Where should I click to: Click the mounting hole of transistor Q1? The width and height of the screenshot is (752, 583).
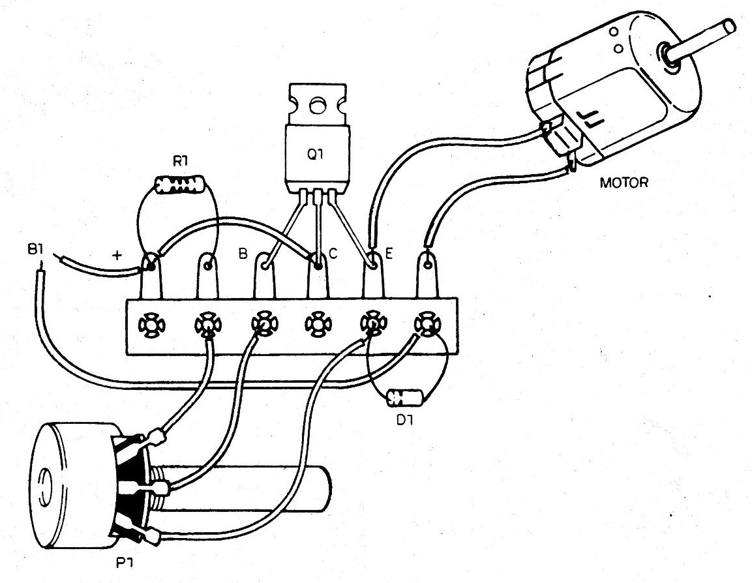tap(317, 104)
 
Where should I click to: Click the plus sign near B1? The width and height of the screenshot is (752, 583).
tap(118, 256)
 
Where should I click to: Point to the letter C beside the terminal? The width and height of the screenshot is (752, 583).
tap(333, 254)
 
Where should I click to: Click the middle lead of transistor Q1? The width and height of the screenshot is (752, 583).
tap(317, 222)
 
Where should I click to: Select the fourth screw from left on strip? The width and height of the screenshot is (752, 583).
tap(318, 323)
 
